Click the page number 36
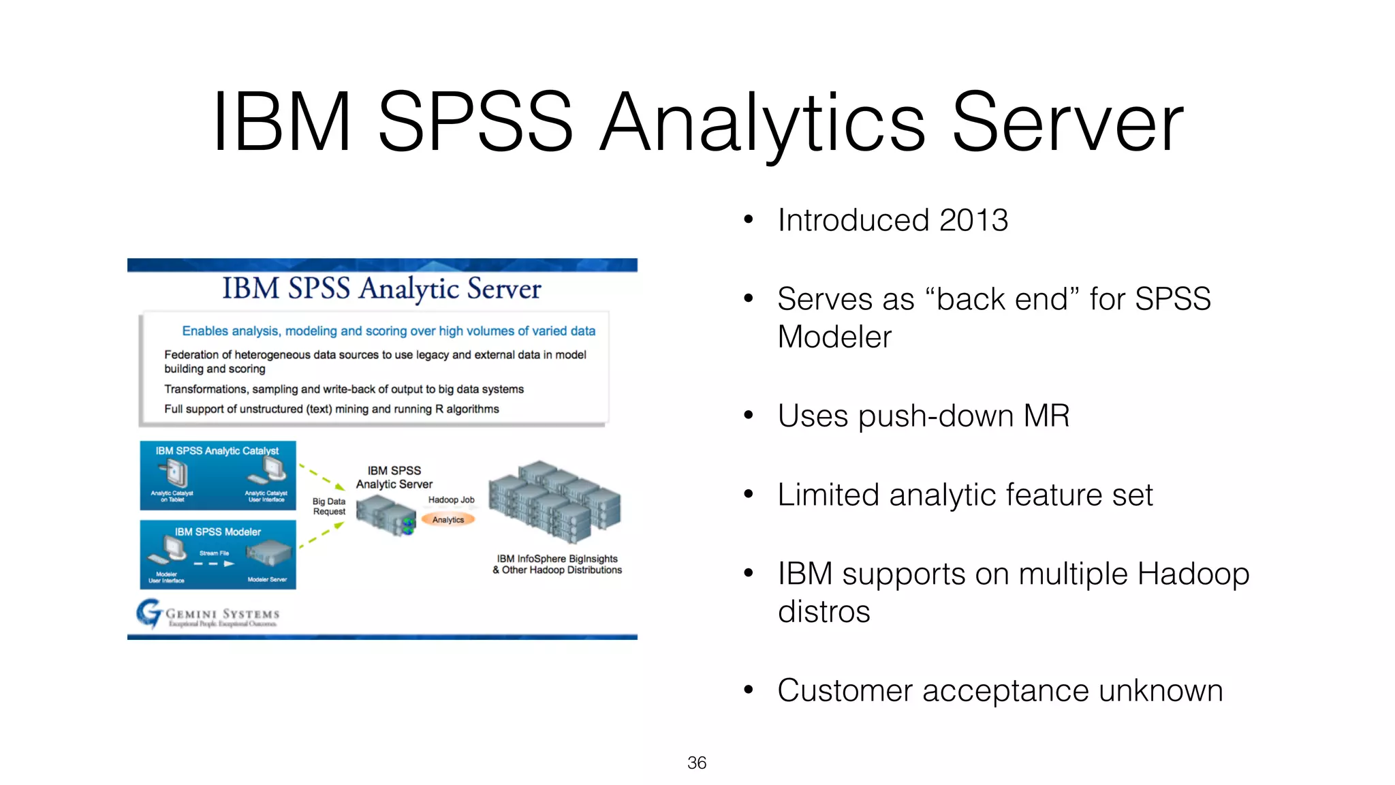[x=696, y=763]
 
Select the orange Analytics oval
[x=448, y=520]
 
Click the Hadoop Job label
[x=451, y=499]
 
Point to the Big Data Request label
[x=329, y=506]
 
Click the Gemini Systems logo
[x=208, y=613]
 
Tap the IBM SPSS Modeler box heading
[x=217, y=532]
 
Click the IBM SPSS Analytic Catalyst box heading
[x=217, y=450]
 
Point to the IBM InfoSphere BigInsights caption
[x=557, y=564]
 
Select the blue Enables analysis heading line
[x=388, y=331]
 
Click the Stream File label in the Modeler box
[x=214, y=553]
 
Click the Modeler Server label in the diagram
[x=267, y=579]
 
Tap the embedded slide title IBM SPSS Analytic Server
[x=381, y=289]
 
